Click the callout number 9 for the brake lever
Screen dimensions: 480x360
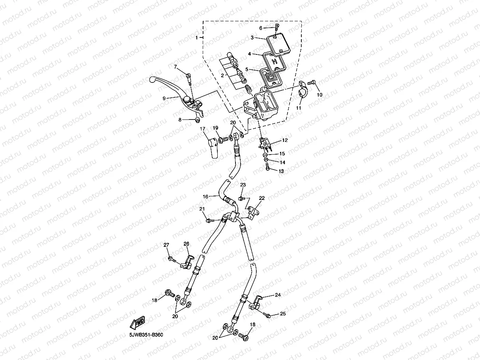(164, 98)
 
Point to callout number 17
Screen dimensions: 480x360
(203, 129)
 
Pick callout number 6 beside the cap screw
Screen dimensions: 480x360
(260, 28)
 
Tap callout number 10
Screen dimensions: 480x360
(319, 95)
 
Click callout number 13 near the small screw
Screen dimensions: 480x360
(281, 171)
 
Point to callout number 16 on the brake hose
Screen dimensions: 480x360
(205, 196)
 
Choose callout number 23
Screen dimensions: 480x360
(243, 185)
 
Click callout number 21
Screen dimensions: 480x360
(202, 209)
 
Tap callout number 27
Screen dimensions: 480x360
(166, 245)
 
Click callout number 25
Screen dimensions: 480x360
(282, 314)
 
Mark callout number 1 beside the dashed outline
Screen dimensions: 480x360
(197, 37)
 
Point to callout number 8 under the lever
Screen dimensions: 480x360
(180, 120)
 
